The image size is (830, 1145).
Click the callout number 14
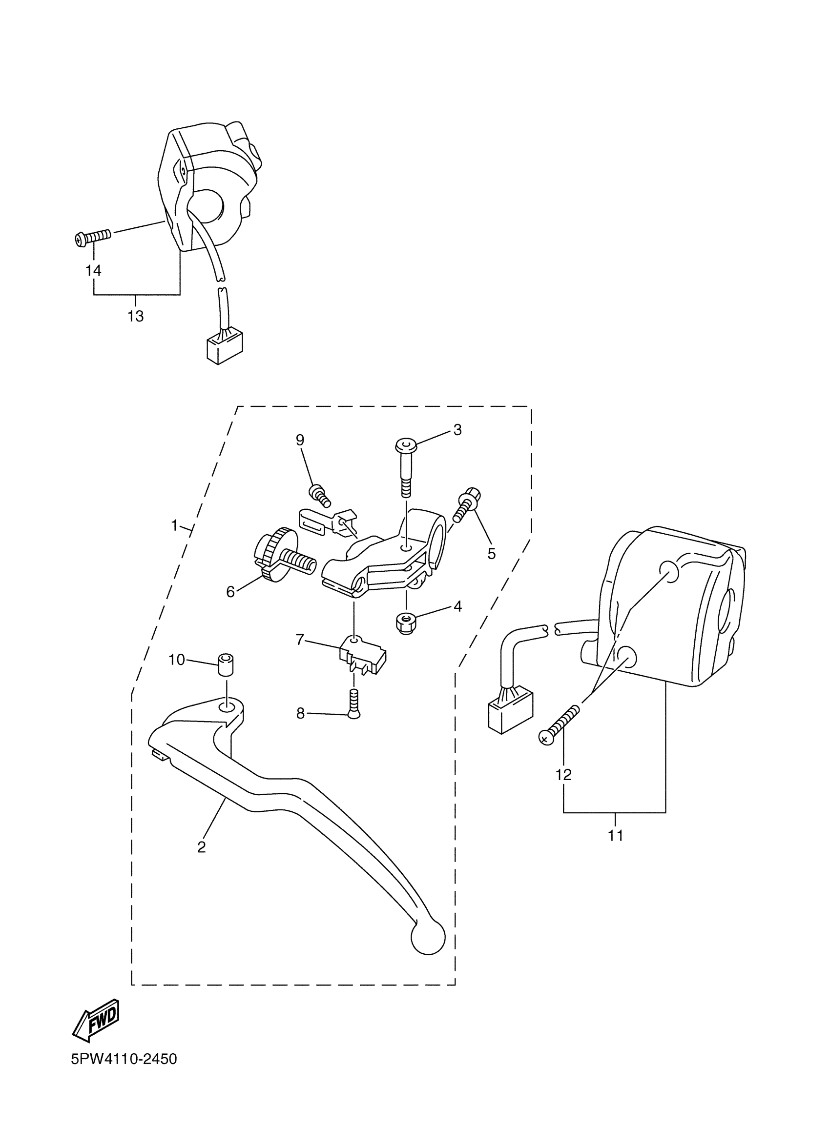tap(93, 271)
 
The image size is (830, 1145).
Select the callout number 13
tap(135, 317)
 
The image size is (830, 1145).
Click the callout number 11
tap(615, 836)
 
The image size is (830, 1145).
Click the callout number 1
tap(174, 526)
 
